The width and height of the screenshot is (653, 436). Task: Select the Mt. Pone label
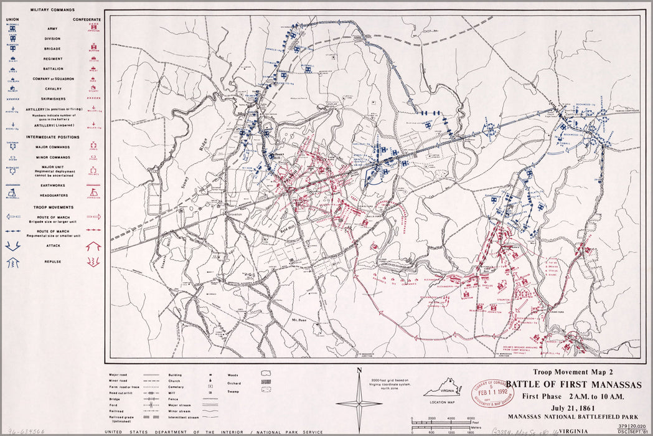(300, 318)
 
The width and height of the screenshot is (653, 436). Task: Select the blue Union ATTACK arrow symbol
(12, 245)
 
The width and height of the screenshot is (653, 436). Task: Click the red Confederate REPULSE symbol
(94, 262)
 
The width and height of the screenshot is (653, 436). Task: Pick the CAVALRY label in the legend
(52, 89)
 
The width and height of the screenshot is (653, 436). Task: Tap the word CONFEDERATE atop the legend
(87, 19)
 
